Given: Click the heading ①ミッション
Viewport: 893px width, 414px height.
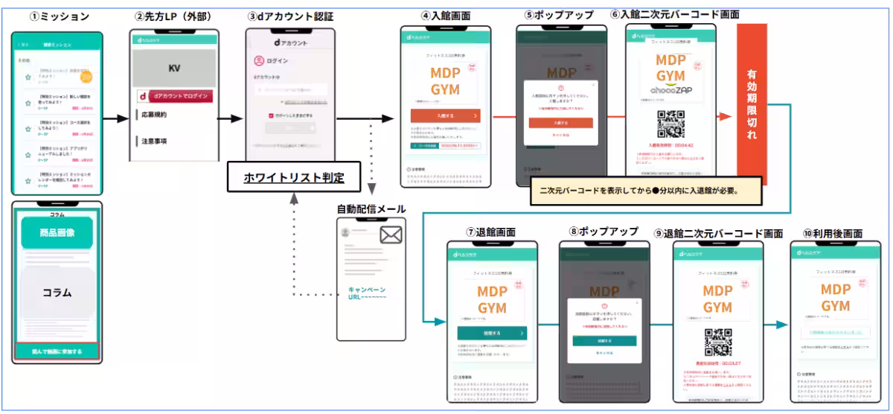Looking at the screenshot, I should click(55, 16).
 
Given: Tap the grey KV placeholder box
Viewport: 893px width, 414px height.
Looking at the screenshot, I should click(173, 68).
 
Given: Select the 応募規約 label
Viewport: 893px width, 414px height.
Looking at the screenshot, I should click(154, 115).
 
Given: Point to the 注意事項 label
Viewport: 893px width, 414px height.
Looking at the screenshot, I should click(154, 140).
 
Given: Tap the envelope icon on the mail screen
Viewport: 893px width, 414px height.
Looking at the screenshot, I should click(391, 236).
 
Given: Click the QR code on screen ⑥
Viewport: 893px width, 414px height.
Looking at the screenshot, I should click(670, 124).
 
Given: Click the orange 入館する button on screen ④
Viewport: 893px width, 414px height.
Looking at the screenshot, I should click(445, 115).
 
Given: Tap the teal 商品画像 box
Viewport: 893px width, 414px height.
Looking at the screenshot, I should click(57, 232).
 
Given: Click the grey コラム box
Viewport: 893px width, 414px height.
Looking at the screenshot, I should click(57, 292).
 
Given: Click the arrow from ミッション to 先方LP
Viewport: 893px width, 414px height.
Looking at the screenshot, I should click(115, 118).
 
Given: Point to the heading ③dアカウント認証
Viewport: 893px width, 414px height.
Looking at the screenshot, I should click(291, 16).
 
